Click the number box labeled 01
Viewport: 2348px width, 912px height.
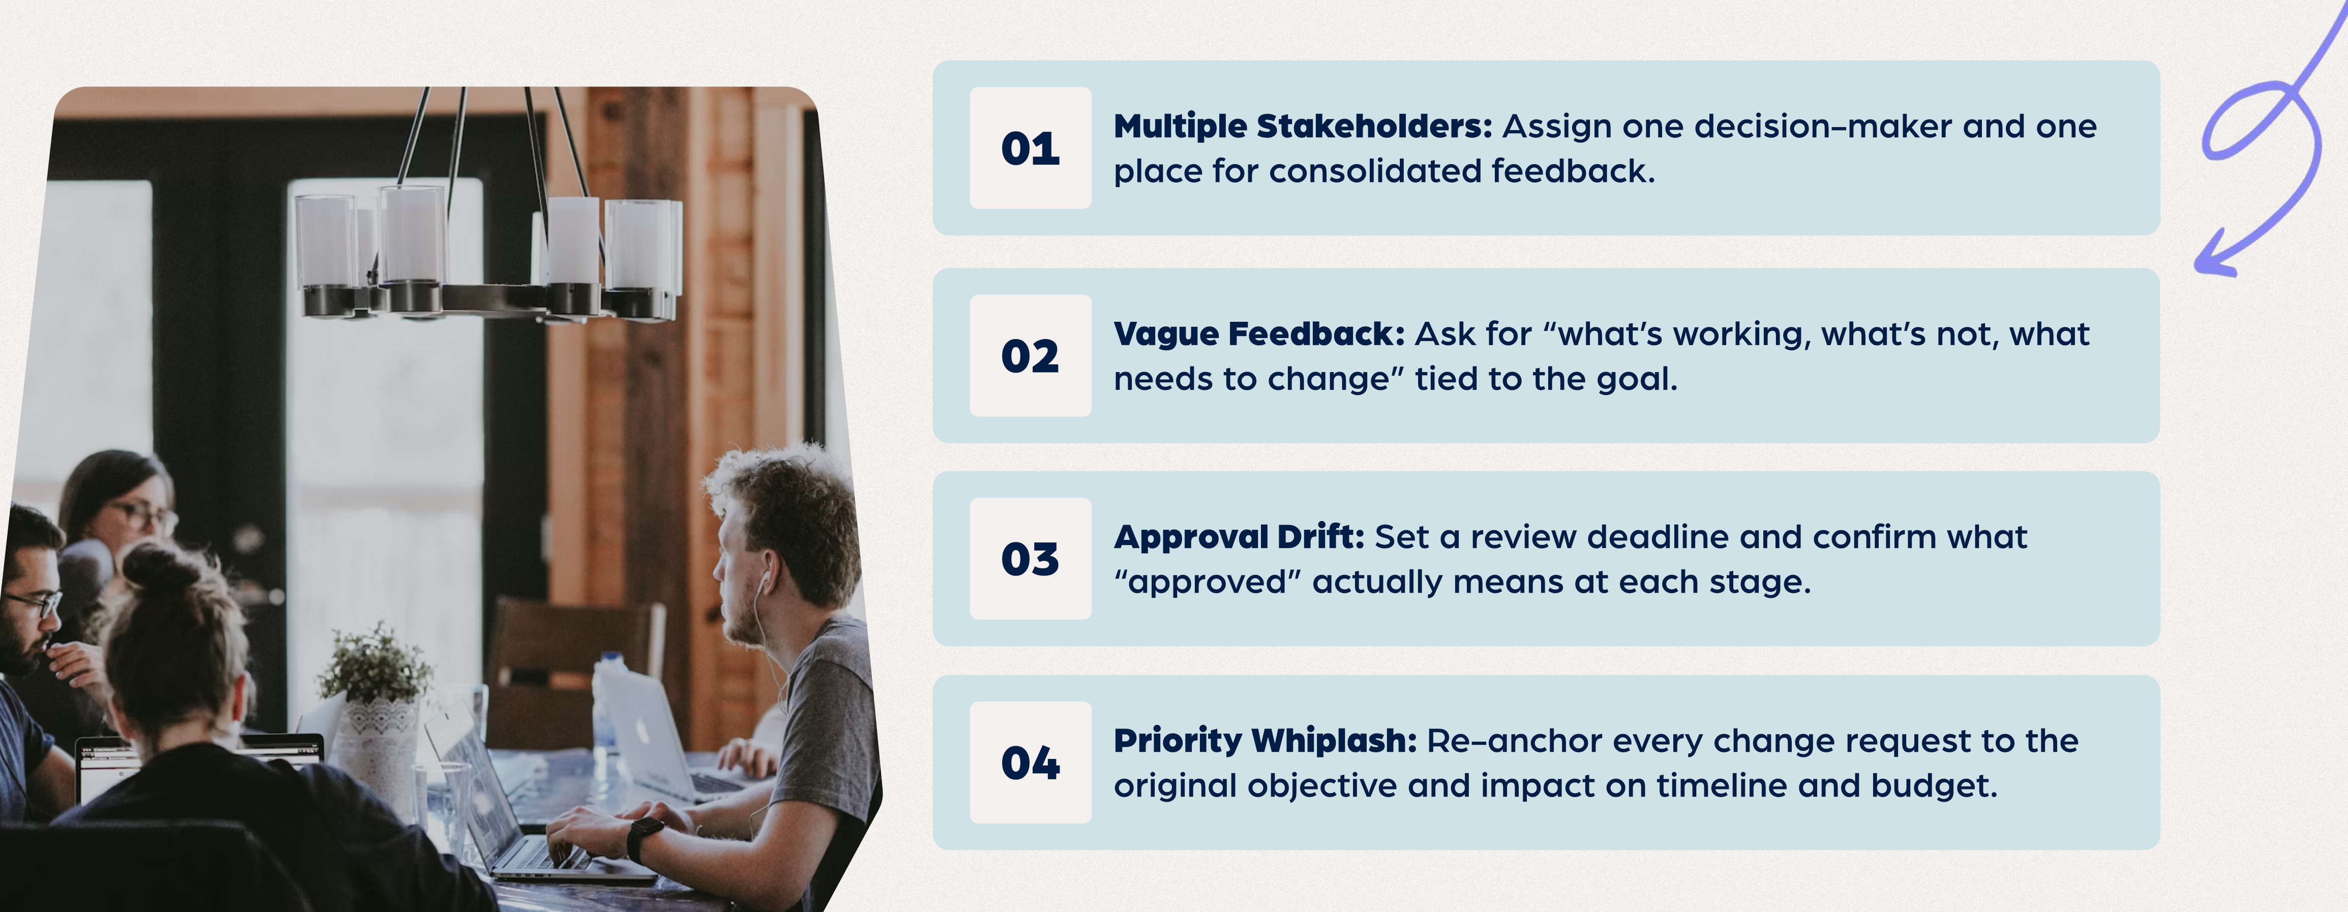(1030, 148)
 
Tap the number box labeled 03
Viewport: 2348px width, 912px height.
(1030, 559)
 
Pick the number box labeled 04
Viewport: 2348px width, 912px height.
(1030, 763)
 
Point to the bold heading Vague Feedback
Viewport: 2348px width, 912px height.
(1259, 335)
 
